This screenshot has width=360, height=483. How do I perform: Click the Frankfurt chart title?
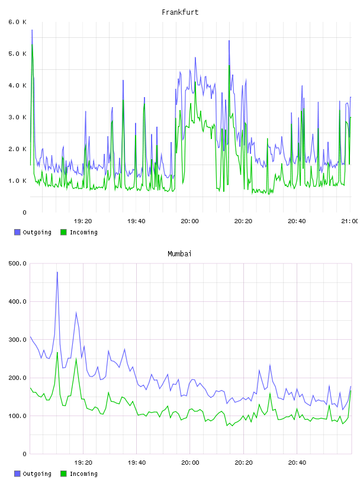(180, 12)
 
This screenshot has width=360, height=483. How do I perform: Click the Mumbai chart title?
(179, 254)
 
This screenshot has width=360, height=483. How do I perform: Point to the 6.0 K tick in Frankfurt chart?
(17, 22)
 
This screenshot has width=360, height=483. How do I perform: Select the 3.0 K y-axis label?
(17, 117)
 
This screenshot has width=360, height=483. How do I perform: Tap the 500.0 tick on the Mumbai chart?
(17, 263)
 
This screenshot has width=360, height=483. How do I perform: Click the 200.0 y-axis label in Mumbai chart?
(17, 378)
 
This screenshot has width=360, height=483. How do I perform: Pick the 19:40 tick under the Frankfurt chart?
(136, 221)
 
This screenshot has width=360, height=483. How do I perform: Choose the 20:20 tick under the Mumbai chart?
(243, 462)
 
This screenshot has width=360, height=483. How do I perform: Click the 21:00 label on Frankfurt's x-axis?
(350, 221)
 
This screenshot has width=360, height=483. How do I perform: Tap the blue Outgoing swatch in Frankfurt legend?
(17, 232)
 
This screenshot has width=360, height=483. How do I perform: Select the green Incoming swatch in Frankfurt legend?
(63, 232)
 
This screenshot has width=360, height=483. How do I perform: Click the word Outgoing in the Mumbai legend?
(37, 474)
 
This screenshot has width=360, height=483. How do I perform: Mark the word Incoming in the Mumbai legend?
(83, 474)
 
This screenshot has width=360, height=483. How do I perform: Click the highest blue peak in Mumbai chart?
(57, 272)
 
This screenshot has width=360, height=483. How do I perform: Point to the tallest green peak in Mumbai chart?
(57, 352)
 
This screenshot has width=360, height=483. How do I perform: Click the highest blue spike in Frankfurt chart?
(32, 30)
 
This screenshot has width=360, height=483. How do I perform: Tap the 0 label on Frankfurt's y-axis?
(24, 212)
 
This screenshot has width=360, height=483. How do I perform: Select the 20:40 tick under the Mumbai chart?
(297, 462)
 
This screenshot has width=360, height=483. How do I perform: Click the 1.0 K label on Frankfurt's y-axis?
(17, 181)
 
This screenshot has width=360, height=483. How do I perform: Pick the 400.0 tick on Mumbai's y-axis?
(17, 301)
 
